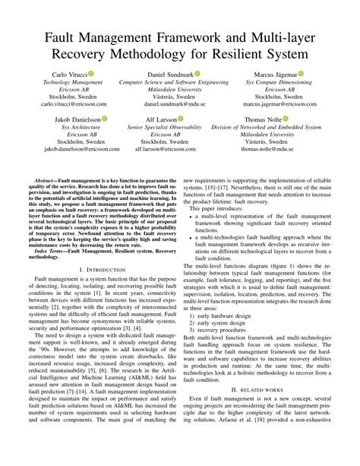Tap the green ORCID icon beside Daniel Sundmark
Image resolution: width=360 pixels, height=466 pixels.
click(x=197, y=74)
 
